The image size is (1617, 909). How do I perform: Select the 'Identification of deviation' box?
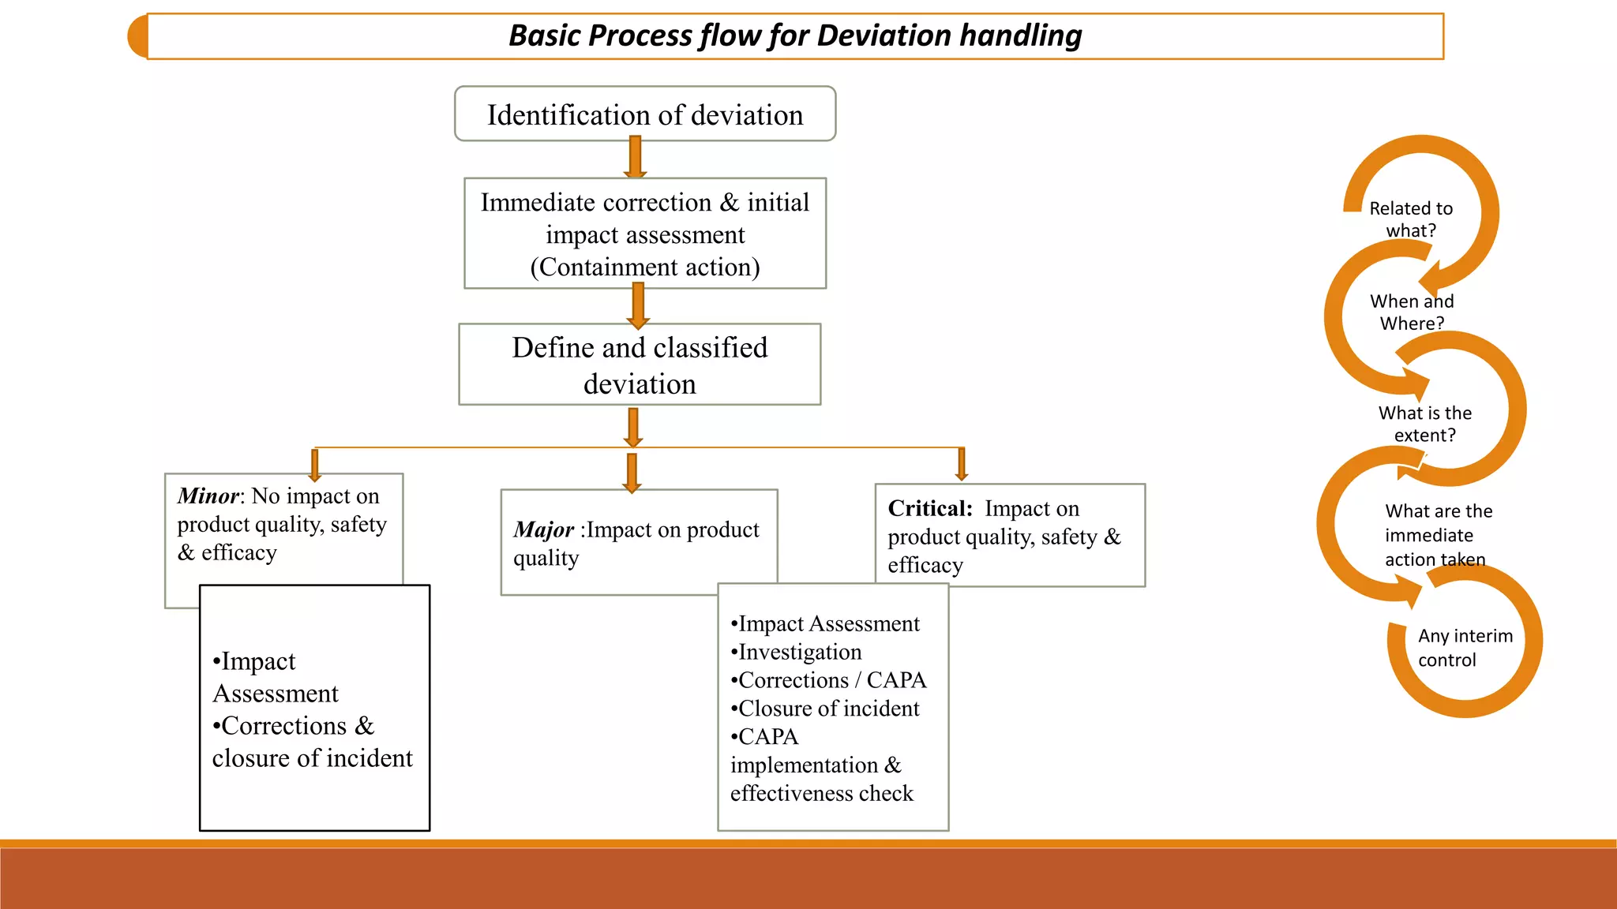pos(644,114)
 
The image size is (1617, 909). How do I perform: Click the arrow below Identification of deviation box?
pos(635,157)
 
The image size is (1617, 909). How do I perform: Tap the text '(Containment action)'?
pos(644,267)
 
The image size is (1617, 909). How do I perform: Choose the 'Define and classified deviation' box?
pos(640,365)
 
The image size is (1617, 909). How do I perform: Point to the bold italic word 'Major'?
pos(543,529)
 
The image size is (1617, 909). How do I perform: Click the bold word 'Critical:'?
pos(930,508)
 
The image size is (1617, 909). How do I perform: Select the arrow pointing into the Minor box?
pos(314,465)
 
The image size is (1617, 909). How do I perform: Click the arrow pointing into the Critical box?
pos(961,464)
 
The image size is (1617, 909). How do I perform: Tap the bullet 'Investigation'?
pos(797,652)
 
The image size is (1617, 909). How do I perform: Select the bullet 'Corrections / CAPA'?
pos(829,680)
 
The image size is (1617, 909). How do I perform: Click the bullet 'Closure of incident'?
pos(826,709)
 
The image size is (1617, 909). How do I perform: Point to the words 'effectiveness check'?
pos(821,793)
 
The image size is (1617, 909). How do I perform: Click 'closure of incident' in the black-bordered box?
pos(313,758)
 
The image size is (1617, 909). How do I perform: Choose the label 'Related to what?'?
pos(1411,219)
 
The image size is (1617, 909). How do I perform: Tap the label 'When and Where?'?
pos(1412,312)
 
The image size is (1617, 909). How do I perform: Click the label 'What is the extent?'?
pos(1425,424)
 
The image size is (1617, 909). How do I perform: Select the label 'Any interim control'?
pos(1465,648)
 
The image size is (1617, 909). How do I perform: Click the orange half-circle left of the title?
pos(138,36)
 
